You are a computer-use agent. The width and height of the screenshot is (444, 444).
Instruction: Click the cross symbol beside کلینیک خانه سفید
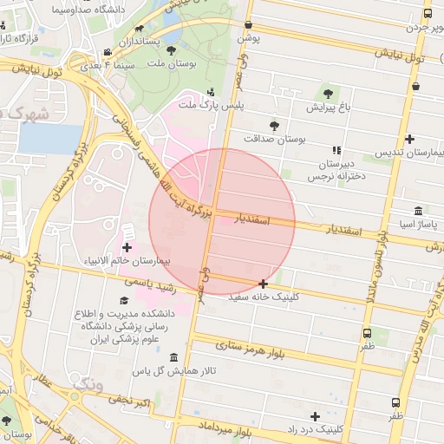click(x=264, y=284)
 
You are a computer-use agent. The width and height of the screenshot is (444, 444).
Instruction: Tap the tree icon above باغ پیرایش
click(x=328, y=95)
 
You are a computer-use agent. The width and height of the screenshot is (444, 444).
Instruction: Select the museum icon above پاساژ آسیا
click(x=420, y=211)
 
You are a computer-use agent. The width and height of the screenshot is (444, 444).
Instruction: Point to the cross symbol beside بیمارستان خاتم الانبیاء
click(x=127, y=248)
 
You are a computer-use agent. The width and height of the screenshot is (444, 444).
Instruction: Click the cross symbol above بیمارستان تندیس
click(x=409, y=139)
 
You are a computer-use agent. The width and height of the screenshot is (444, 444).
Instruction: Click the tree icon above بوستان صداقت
click(x=274, y=125)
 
